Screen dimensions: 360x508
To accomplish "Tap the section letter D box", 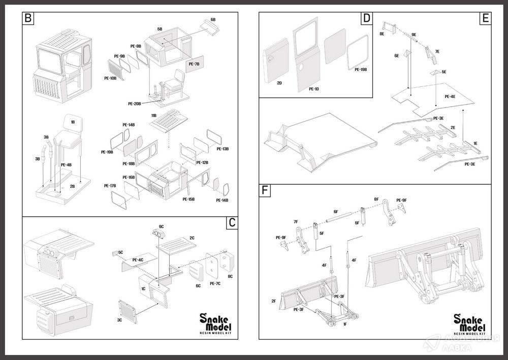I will click(366, 19).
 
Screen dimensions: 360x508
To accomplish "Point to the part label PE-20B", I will click(135, 104).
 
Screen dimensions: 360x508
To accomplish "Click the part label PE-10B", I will click(110, 78).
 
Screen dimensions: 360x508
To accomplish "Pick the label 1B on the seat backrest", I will click(73, 122).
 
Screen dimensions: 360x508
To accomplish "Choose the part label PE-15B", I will click(188, 199).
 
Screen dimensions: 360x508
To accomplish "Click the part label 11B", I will click(153, 116).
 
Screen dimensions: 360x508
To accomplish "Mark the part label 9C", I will click(161, 226).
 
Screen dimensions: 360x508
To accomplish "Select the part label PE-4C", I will click(138, 260).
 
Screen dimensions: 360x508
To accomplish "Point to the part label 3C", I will click(119, 320).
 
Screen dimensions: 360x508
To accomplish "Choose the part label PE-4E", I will click(450, 96).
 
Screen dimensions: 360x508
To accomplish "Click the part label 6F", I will click(336, 211).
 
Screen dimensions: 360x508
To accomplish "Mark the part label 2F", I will click(273, 301).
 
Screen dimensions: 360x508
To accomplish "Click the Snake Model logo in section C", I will click(216, 322).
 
